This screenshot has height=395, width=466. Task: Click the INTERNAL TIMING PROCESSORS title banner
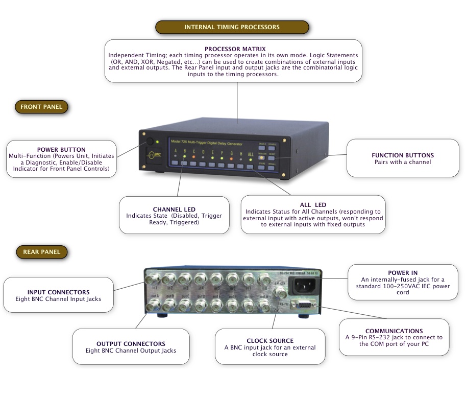[x=232, y=27]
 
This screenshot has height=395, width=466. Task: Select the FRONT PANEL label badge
[x=41, y=107]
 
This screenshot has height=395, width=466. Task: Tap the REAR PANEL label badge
[x=41, y=252]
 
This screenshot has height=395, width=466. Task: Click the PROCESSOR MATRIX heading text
[x=235, y=49]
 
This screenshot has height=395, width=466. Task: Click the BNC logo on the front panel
[x=152, y=155]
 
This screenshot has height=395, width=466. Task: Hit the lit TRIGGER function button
[x=262, y=157]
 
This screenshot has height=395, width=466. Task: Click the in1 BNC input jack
[x=152, y=280]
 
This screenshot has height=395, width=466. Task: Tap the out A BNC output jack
[x=152, y=306]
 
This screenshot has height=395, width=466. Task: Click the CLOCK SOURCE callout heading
[x=270, y=341]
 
